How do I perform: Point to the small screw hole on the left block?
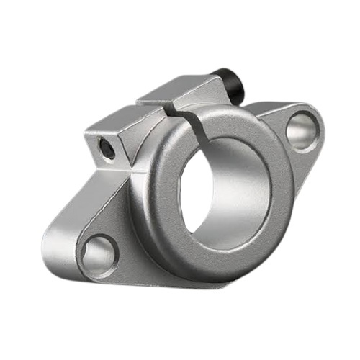click(106, 148)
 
